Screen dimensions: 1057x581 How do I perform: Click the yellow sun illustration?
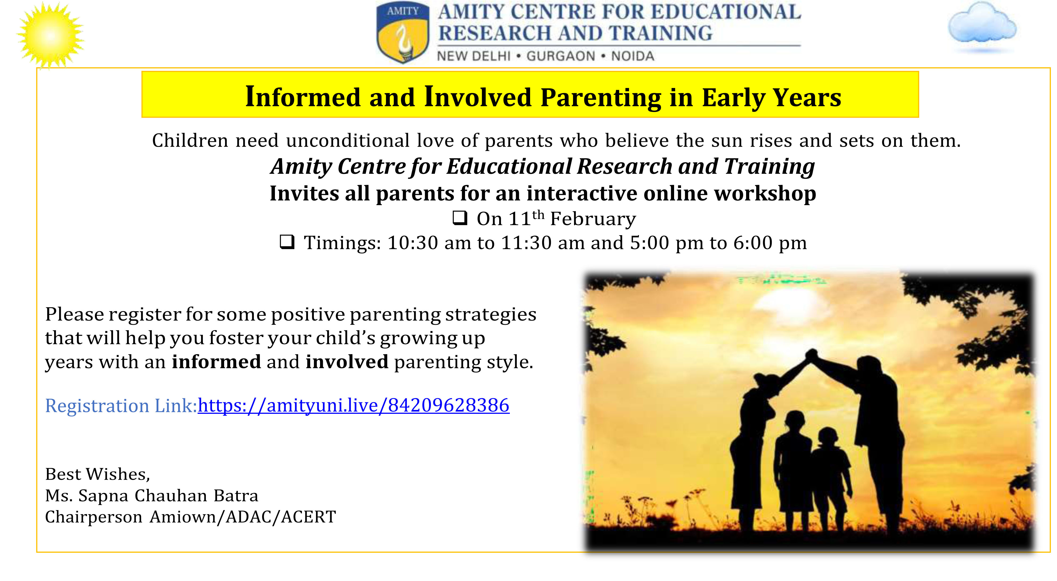coord(50,35)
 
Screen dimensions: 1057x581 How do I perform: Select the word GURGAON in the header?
coord(560,56)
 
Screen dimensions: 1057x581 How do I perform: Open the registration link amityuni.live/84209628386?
coord(354,405)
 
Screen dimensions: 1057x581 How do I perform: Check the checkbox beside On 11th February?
coord(459,218)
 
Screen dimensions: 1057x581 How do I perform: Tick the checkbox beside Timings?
coord(287,242)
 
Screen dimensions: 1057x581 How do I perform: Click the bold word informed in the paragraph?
coord(216,362)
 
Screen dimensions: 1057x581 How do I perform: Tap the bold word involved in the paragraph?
coord(347,362)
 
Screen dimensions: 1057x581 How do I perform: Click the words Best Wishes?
coord(98,474)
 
